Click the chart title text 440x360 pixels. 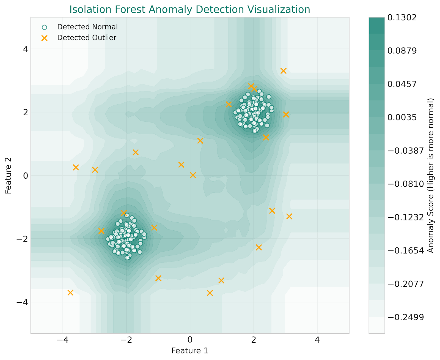(x=189, y=9)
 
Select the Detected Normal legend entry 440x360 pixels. (x=87, y=27)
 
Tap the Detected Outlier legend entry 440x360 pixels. (x=87, y=38)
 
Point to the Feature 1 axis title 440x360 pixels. (x=189, y=351)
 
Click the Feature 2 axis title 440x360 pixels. (x=8, y=175)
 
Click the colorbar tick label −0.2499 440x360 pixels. (x=405, y=317)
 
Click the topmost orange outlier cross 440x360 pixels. (x=284, y=71)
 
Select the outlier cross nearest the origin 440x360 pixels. (x=193, y=175)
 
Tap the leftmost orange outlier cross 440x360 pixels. (x=70, y=293)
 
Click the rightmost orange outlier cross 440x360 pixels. (x=289, y=216)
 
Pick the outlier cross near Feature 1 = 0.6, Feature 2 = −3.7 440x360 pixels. (x=210, y=293)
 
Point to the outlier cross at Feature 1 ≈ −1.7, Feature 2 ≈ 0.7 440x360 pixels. (x=136, y=152)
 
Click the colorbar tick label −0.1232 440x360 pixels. (x=405, y=217)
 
